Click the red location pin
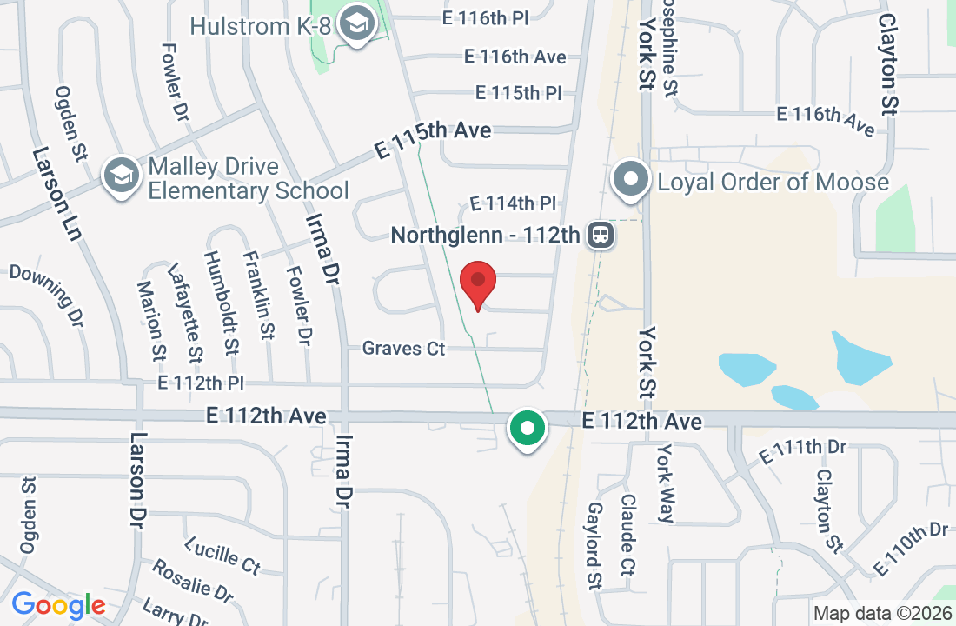point(477,282)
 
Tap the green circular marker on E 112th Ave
point(526,429)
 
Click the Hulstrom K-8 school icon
point(355,25)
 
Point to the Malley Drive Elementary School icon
point(121,176)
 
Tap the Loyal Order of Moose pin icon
point(632,180)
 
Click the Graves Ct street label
point(403,349)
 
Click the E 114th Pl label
point(512,203)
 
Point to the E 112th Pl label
point(202,383)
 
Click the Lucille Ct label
point(222,556)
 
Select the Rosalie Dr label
point(192,582)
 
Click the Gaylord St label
point(595,545)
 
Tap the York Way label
point(666,483)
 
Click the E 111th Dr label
point(802,451)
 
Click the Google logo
point(58,605)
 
